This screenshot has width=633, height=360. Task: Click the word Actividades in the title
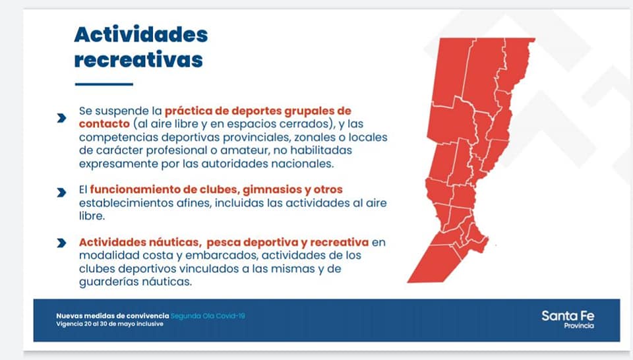pyautogui.click(x=141, y=34)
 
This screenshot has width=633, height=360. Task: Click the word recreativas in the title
pyautogui.click(x=138, y=60)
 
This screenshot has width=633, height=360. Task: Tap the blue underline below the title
pyautogui.click(x=104, y=84)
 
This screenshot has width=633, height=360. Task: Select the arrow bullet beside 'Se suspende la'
pyautogui.click(x=61, y=118)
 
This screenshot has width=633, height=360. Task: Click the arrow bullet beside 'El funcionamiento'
pyautogui.click(x=61, y=193)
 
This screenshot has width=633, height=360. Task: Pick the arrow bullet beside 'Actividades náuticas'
pyautogui.click(x=61, y=243)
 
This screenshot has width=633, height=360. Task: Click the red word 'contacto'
pyautogui.click(x=104, y=123)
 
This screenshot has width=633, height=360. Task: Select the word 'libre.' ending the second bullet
pyautogui.click(x=92, y=216)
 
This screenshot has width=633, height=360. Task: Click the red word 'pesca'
pyautogui.click(x=224, y=243)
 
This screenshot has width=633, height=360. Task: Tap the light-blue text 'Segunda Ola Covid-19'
pyautogui.click(x=208, y=316)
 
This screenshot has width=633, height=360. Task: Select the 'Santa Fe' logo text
pyautogui.click(x=568, y=316)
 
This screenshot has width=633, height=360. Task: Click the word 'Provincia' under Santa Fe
pyautogui.click(x=579, y=326)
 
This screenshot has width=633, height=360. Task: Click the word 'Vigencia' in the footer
pyautogui.click(x=69, y=324)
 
